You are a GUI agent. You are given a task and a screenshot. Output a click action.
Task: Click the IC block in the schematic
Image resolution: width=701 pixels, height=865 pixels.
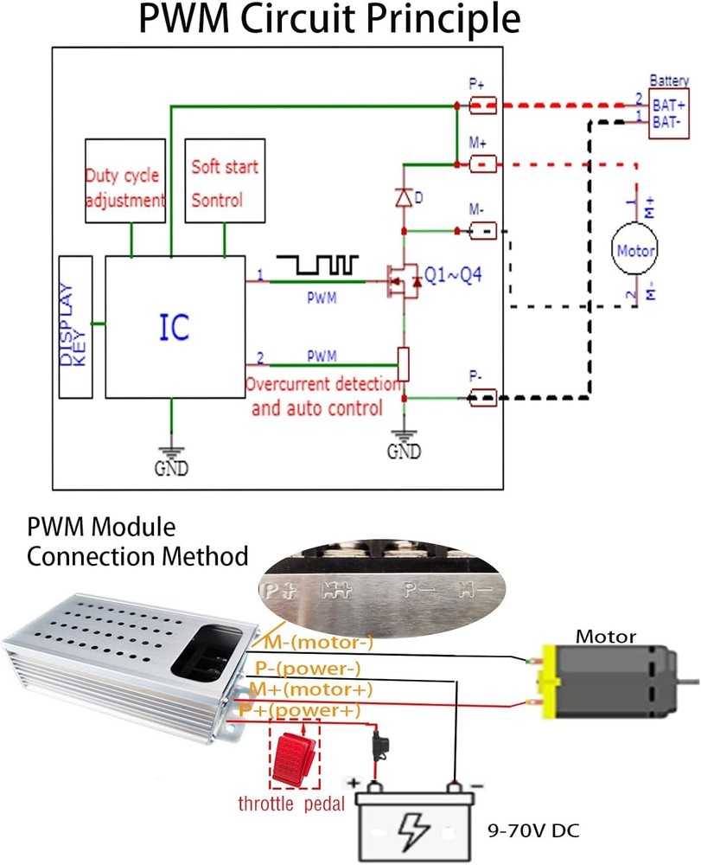(x=174, y=326)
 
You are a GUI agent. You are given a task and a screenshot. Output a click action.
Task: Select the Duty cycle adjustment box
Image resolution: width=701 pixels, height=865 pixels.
(x=125, y=180)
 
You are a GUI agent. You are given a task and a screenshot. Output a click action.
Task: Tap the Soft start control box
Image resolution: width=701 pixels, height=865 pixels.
(x=224, y=180)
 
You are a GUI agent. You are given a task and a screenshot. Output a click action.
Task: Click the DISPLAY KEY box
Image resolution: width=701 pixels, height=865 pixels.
(x=75, y=326)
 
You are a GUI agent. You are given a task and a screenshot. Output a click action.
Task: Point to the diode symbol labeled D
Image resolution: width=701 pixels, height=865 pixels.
(x=403, y=197)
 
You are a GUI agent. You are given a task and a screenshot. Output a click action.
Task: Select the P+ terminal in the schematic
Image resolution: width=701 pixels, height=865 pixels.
(x=482, y=106)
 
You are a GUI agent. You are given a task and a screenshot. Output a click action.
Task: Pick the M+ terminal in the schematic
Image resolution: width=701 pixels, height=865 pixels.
(x=482, y=163)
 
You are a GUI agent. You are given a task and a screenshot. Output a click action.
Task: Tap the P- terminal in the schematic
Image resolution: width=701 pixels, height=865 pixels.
(x=482, y=398)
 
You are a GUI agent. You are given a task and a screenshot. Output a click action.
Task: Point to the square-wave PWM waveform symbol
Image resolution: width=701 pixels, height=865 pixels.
(x=316, y=264)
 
